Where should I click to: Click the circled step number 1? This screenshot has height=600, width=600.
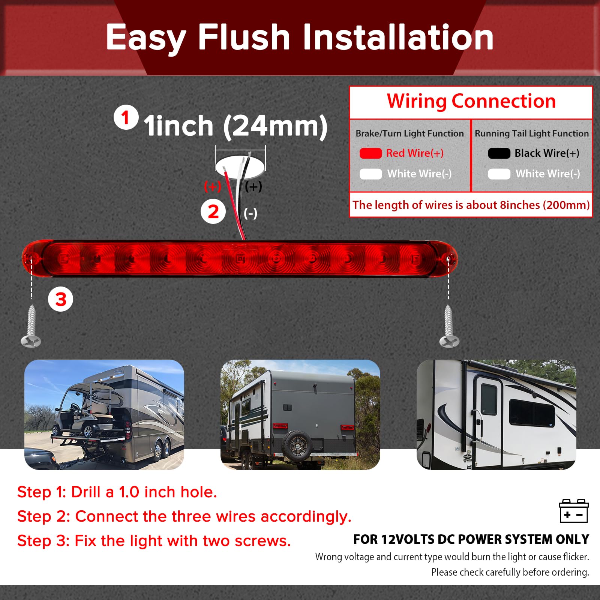pos(126,117)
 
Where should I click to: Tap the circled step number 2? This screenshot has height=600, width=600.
pos(213,211)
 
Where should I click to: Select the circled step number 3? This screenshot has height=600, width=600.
pos(60,299)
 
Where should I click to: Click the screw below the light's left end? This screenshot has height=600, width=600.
pos(31,326)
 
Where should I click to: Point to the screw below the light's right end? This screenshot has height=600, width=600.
pos(449,326)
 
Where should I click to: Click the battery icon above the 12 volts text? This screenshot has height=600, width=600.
pos(573,511)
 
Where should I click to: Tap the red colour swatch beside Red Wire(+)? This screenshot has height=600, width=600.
pos(370,153)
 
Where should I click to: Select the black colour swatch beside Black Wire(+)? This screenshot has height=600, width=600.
pos(499,153)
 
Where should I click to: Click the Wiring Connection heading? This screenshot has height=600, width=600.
pos(471,101)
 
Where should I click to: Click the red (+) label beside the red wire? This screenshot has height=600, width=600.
pos(213,186)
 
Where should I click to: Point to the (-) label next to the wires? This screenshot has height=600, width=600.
pos(250,214)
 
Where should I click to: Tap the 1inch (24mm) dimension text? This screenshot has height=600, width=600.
pos(235,126)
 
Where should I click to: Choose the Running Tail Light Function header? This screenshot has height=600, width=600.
pos(532,133)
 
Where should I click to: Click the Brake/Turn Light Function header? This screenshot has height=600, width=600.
pos(409,133)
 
